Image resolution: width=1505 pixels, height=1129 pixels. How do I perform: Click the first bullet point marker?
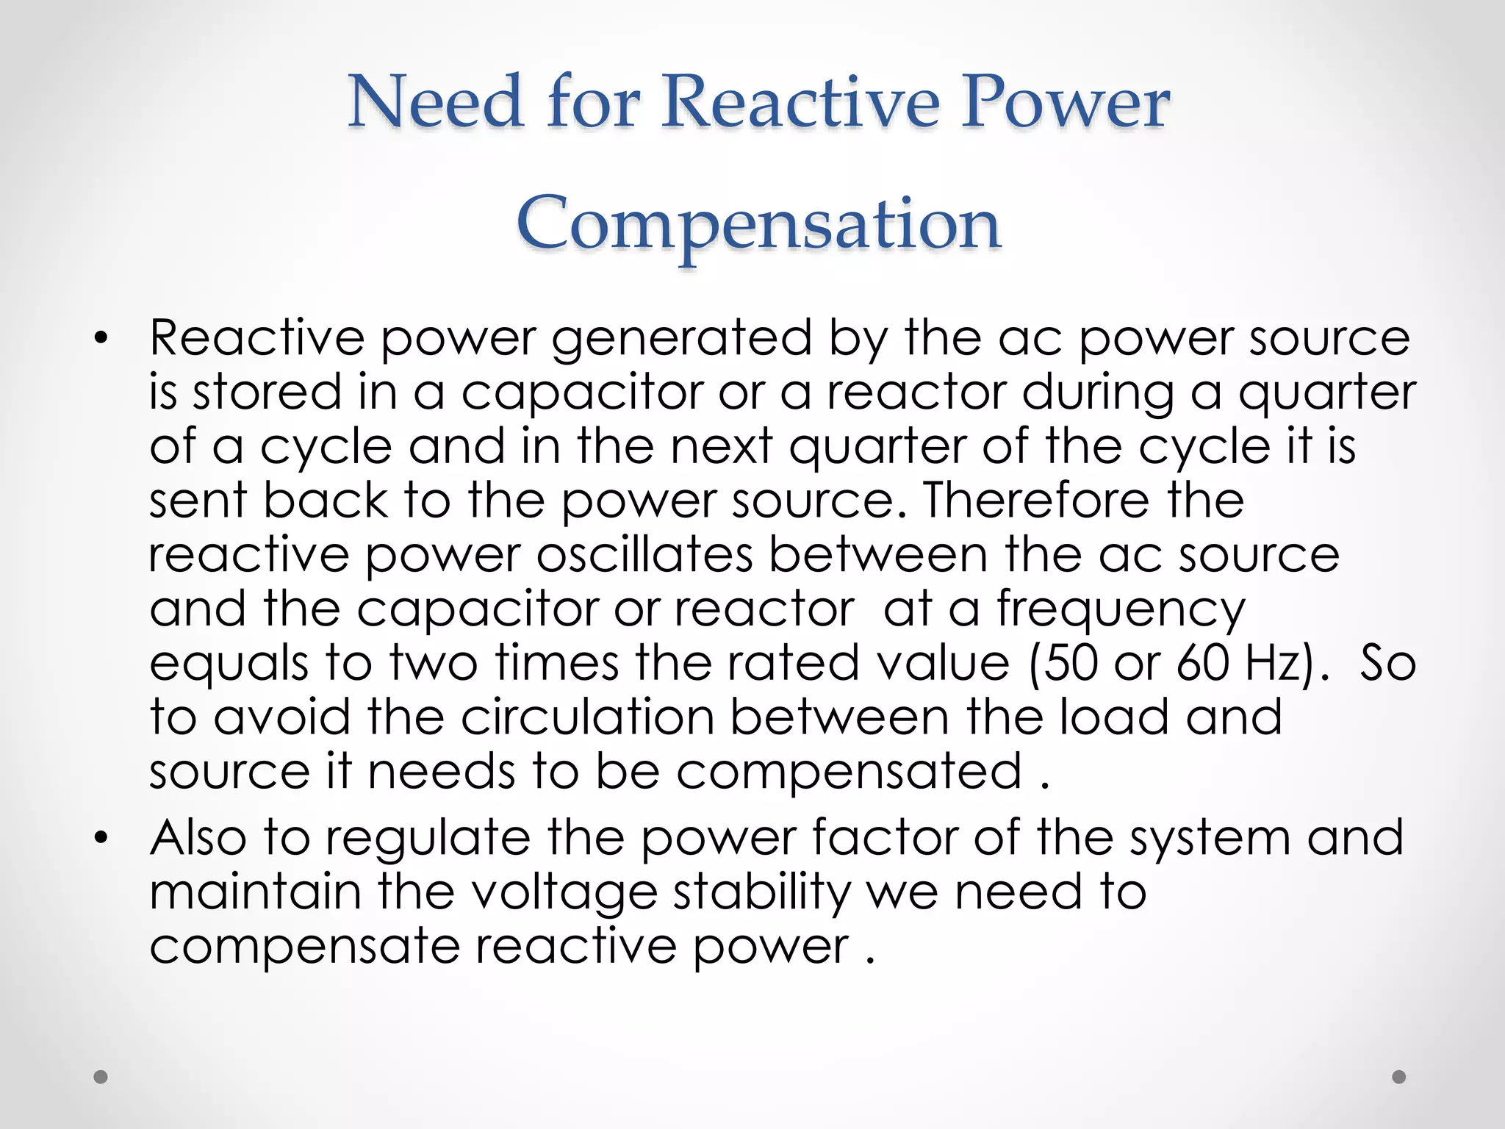pyautogui.click(x=101, y=339)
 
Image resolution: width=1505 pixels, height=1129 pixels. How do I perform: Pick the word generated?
pyautogui.click(x=682, y=339)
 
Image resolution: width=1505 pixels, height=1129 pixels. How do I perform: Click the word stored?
pyautogui.click(x=267, y=393)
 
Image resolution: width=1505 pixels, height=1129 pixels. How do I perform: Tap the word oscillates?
pyautogui.click(x=644, y=555)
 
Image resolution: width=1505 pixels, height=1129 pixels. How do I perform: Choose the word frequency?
pyautogui.click(x=1121, y=611)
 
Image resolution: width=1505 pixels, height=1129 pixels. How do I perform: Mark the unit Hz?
pyautogui.click(x=1275, y=663)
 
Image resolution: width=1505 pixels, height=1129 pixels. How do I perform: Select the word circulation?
pyautogui.click(x=588, y=717)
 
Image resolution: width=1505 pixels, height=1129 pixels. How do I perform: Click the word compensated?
pyautogui.click(x=849, y=773)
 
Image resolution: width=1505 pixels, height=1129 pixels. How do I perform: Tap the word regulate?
pyautogui.click(x=428, y=839)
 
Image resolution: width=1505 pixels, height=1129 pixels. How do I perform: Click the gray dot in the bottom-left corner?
pyautogui.click(x=101, y=1077)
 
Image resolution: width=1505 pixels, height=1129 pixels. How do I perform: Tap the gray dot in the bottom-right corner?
pyautogui.click(x=1399, y=1077)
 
